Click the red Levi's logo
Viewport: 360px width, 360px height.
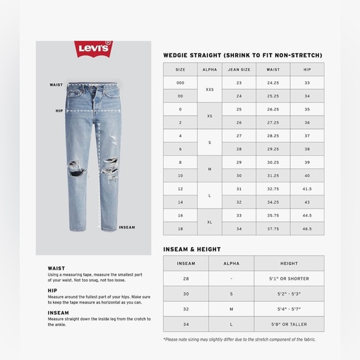click(93, 48)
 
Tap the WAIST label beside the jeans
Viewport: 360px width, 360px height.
click(56, 85)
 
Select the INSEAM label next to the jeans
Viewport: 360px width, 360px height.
click(127, 227)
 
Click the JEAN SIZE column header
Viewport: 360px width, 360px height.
click(239, 70)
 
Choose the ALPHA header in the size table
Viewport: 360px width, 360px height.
click(209, 70)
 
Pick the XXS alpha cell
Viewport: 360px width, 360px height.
click(209, 89)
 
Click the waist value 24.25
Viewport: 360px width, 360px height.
click(273, 83)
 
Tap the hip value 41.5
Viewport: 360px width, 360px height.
click(307, 189)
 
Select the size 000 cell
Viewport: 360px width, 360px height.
click(180, 83)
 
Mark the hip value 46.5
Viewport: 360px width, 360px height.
click(307, 228)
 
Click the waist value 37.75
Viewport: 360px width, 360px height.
click(273, 228)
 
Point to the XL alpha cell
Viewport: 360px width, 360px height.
click(209, 222)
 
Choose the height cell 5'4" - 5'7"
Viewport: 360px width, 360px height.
click(289, 309)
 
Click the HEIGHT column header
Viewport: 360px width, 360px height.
click(289, 263)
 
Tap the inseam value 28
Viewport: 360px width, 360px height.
click(186, 279)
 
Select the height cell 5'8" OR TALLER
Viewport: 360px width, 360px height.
click(289, 324)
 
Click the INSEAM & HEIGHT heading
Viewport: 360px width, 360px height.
click(192, 249)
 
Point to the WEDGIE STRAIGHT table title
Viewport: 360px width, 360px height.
click(243, 55)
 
